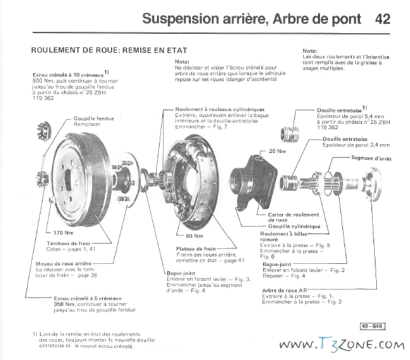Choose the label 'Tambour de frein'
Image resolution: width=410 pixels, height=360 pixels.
pyautogui.click(x=65, y=243)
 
